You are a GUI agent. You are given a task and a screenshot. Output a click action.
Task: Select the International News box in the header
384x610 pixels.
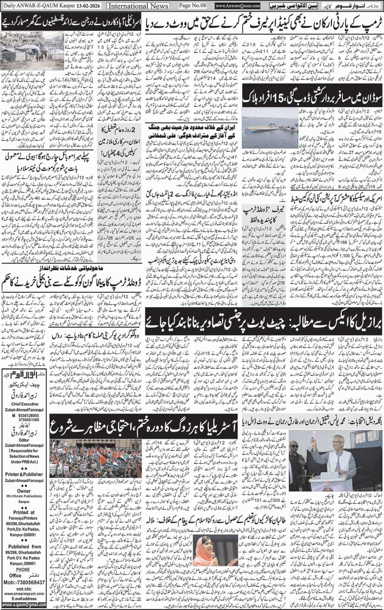coord(132,6)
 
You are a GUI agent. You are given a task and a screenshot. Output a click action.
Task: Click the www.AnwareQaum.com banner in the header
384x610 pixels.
coord(237,6)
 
